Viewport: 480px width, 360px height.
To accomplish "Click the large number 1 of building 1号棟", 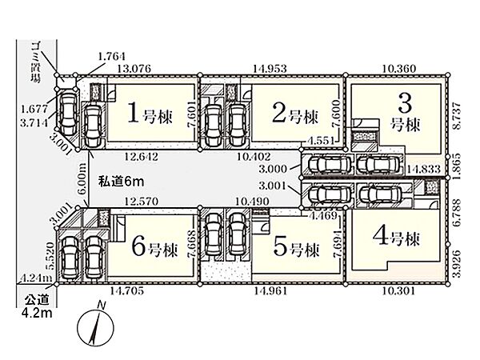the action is [x=134, y=112].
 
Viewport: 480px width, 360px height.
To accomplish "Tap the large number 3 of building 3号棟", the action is [x=405, y=103].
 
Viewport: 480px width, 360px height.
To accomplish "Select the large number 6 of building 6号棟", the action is [x=138, y=246].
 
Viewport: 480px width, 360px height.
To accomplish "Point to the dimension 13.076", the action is [x=134, y=68].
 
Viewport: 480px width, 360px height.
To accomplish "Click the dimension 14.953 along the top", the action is [x=270, y=68].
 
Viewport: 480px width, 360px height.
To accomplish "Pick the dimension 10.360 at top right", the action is [x=399, y=68].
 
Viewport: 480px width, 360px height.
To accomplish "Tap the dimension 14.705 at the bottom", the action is [x=126, y=290].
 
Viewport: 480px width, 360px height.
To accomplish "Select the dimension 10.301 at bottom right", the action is [x=399, y=290].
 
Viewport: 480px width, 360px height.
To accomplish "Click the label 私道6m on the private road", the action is [x=121, y=182].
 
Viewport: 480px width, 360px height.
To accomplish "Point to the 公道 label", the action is [x=37, y=299].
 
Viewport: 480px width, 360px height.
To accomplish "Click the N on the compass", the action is [x=101, y=305].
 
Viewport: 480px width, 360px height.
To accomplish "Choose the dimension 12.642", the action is [x=142, y=157].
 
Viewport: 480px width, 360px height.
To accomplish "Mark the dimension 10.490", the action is [x=253, y=201].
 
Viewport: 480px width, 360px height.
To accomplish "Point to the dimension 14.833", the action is [x=424, y=168].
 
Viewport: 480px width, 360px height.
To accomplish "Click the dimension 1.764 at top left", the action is [x=112, y=56].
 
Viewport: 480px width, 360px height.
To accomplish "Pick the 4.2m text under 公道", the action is [x=37, y=313].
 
